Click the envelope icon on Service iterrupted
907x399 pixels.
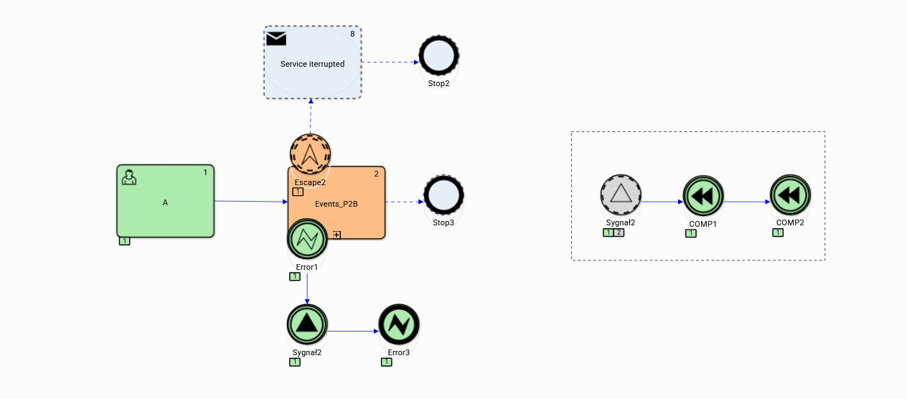click(276, 39)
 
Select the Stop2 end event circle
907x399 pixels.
click(438, 55)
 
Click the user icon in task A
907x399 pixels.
click(129, 177)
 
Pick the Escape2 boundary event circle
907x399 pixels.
click(310, 153)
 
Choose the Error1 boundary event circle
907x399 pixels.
click(307, 240)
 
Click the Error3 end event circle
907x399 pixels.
click(398, 325)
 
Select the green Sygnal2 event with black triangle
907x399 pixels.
click(307, 324)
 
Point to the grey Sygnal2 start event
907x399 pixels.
click(620, 195)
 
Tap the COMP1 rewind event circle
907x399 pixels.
click(703, 195)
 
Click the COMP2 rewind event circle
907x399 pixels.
click(790, 195)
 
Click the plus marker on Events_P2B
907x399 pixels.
click(336, 234)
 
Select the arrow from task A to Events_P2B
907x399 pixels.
click(250, 202)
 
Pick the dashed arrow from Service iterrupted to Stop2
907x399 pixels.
click(390, 62)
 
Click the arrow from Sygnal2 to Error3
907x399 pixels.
click(353, 331)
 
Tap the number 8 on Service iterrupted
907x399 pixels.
click(352, 34)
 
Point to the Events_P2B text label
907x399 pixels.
click(336, 204)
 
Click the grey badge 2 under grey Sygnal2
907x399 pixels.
click(619, 233)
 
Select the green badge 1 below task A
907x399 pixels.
click(124, 241)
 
